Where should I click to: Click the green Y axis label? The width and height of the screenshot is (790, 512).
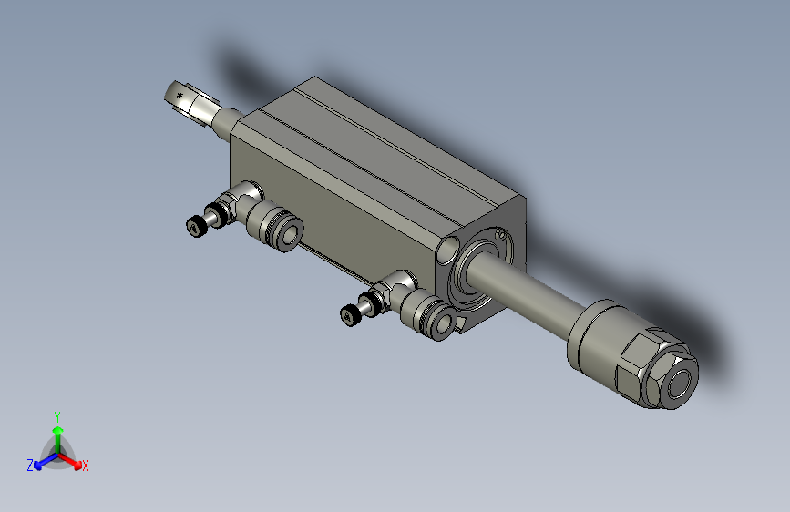(56, 415)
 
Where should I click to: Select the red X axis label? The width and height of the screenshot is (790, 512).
(86, 466)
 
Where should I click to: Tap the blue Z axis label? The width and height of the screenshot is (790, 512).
(30, 465)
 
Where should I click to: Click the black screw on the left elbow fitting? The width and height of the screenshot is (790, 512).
(194, 226)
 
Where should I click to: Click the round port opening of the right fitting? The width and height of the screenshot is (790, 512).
(445, 321)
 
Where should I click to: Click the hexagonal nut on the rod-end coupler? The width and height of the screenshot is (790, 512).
(654, 374)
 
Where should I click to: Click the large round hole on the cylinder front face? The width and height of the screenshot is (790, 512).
(449, 249)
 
